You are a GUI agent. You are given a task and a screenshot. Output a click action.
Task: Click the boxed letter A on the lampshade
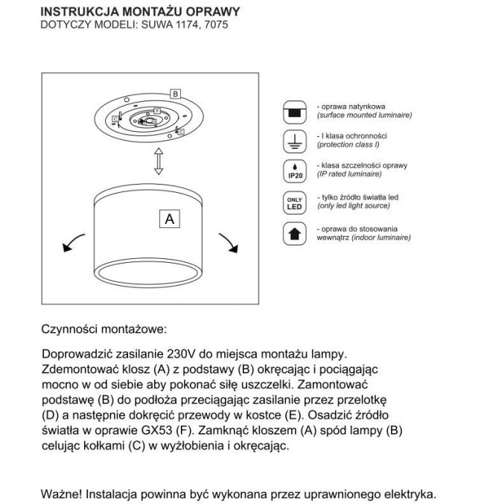tap(169, 219)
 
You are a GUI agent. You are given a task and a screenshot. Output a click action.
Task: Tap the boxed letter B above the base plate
tap(174, 94)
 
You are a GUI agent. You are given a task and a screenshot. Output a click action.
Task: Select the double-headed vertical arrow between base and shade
tap(158, 160)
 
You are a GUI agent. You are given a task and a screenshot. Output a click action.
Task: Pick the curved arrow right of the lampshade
tap(227, 241)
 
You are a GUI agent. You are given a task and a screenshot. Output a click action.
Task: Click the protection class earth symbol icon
tap(296, 141)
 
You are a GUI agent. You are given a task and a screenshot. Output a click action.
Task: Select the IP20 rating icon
tap(296, 170)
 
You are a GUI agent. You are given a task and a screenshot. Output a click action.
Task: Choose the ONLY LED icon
tap(296, 202)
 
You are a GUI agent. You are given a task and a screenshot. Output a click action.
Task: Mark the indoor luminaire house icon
tap(296, 233)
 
